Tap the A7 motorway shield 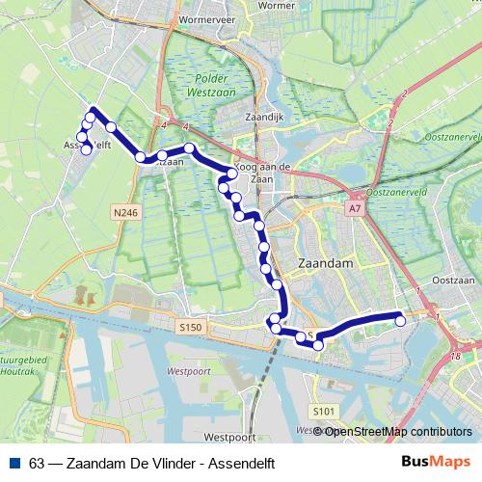point(355,206)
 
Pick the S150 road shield point(191,328)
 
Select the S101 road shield point(323,412)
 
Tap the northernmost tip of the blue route point(94,109)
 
